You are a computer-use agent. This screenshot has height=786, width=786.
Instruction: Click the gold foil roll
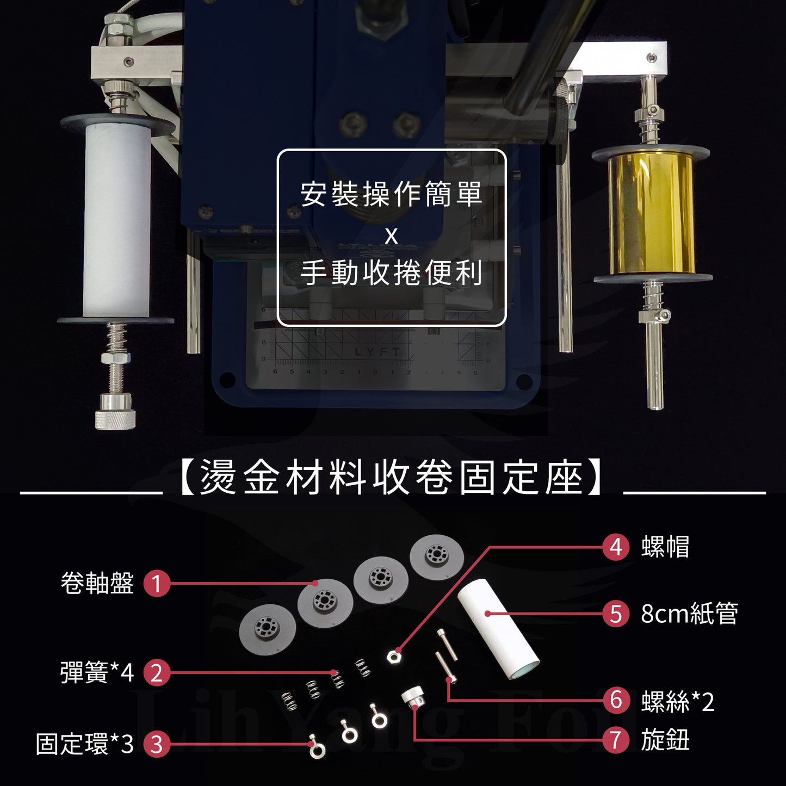(x=652, y=216)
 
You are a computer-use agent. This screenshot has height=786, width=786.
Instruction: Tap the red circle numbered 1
(x=157, y=583)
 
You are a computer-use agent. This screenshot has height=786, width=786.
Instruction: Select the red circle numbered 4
(x=616, y=547)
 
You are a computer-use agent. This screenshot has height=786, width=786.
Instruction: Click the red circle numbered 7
(x=616, y=740)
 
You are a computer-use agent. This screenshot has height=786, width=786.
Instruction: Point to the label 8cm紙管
(x=689, y=614)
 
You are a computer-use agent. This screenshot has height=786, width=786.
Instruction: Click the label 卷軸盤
(x=97, y=583)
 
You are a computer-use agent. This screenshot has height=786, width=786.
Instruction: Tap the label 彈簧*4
(x=97, y=672)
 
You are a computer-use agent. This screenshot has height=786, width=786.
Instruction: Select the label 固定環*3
(x=85, y=744)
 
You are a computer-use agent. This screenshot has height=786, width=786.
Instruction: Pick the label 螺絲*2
(x=678, y=701)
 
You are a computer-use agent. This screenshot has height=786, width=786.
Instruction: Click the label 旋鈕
(x=665, y=740)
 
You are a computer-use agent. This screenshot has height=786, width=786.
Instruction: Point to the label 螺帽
(x=665, y=547)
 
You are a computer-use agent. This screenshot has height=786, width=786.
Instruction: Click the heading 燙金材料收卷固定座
(x=391, y=477)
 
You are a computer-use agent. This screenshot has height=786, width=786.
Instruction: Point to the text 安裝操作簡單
(x=392, y=194)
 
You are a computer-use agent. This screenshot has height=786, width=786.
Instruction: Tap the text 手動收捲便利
(x=392, y=273)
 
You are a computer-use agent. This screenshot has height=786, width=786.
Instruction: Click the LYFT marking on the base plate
(x=377, y=352)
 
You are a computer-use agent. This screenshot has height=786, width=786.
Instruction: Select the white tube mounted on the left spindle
(x=117, y=221)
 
